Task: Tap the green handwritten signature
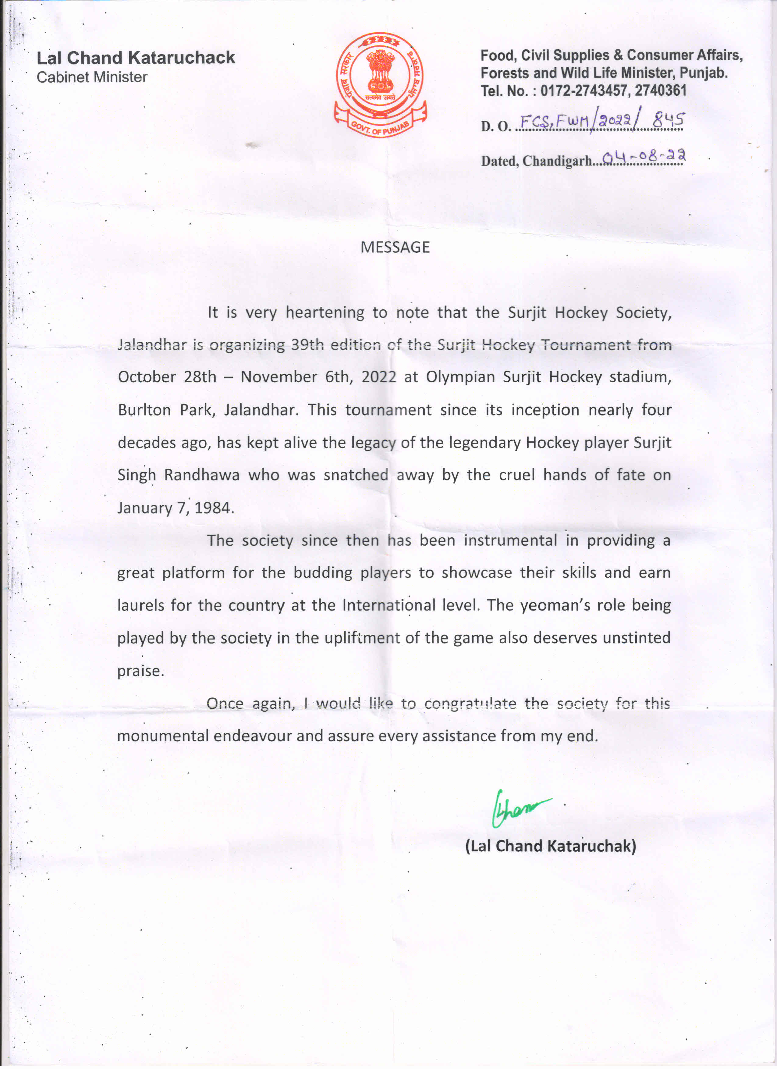[x=518, y=808]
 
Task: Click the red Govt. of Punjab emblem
[x=380, y=85]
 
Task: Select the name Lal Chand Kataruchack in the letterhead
[x=136, y=58]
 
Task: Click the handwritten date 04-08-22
[x=644, y=156]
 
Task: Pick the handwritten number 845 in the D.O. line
[x=668, y=121]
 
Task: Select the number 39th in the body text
[x=307, y=345]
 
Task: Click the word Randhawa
[x=202, y=475]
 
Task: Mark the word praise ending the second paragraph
[x=140, y=671]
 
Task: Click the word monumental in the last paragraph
[x=163, y=736]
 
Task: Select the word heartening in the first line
[x=325, y=312]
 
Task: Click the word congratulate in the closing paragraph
[x=470, y=704]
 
